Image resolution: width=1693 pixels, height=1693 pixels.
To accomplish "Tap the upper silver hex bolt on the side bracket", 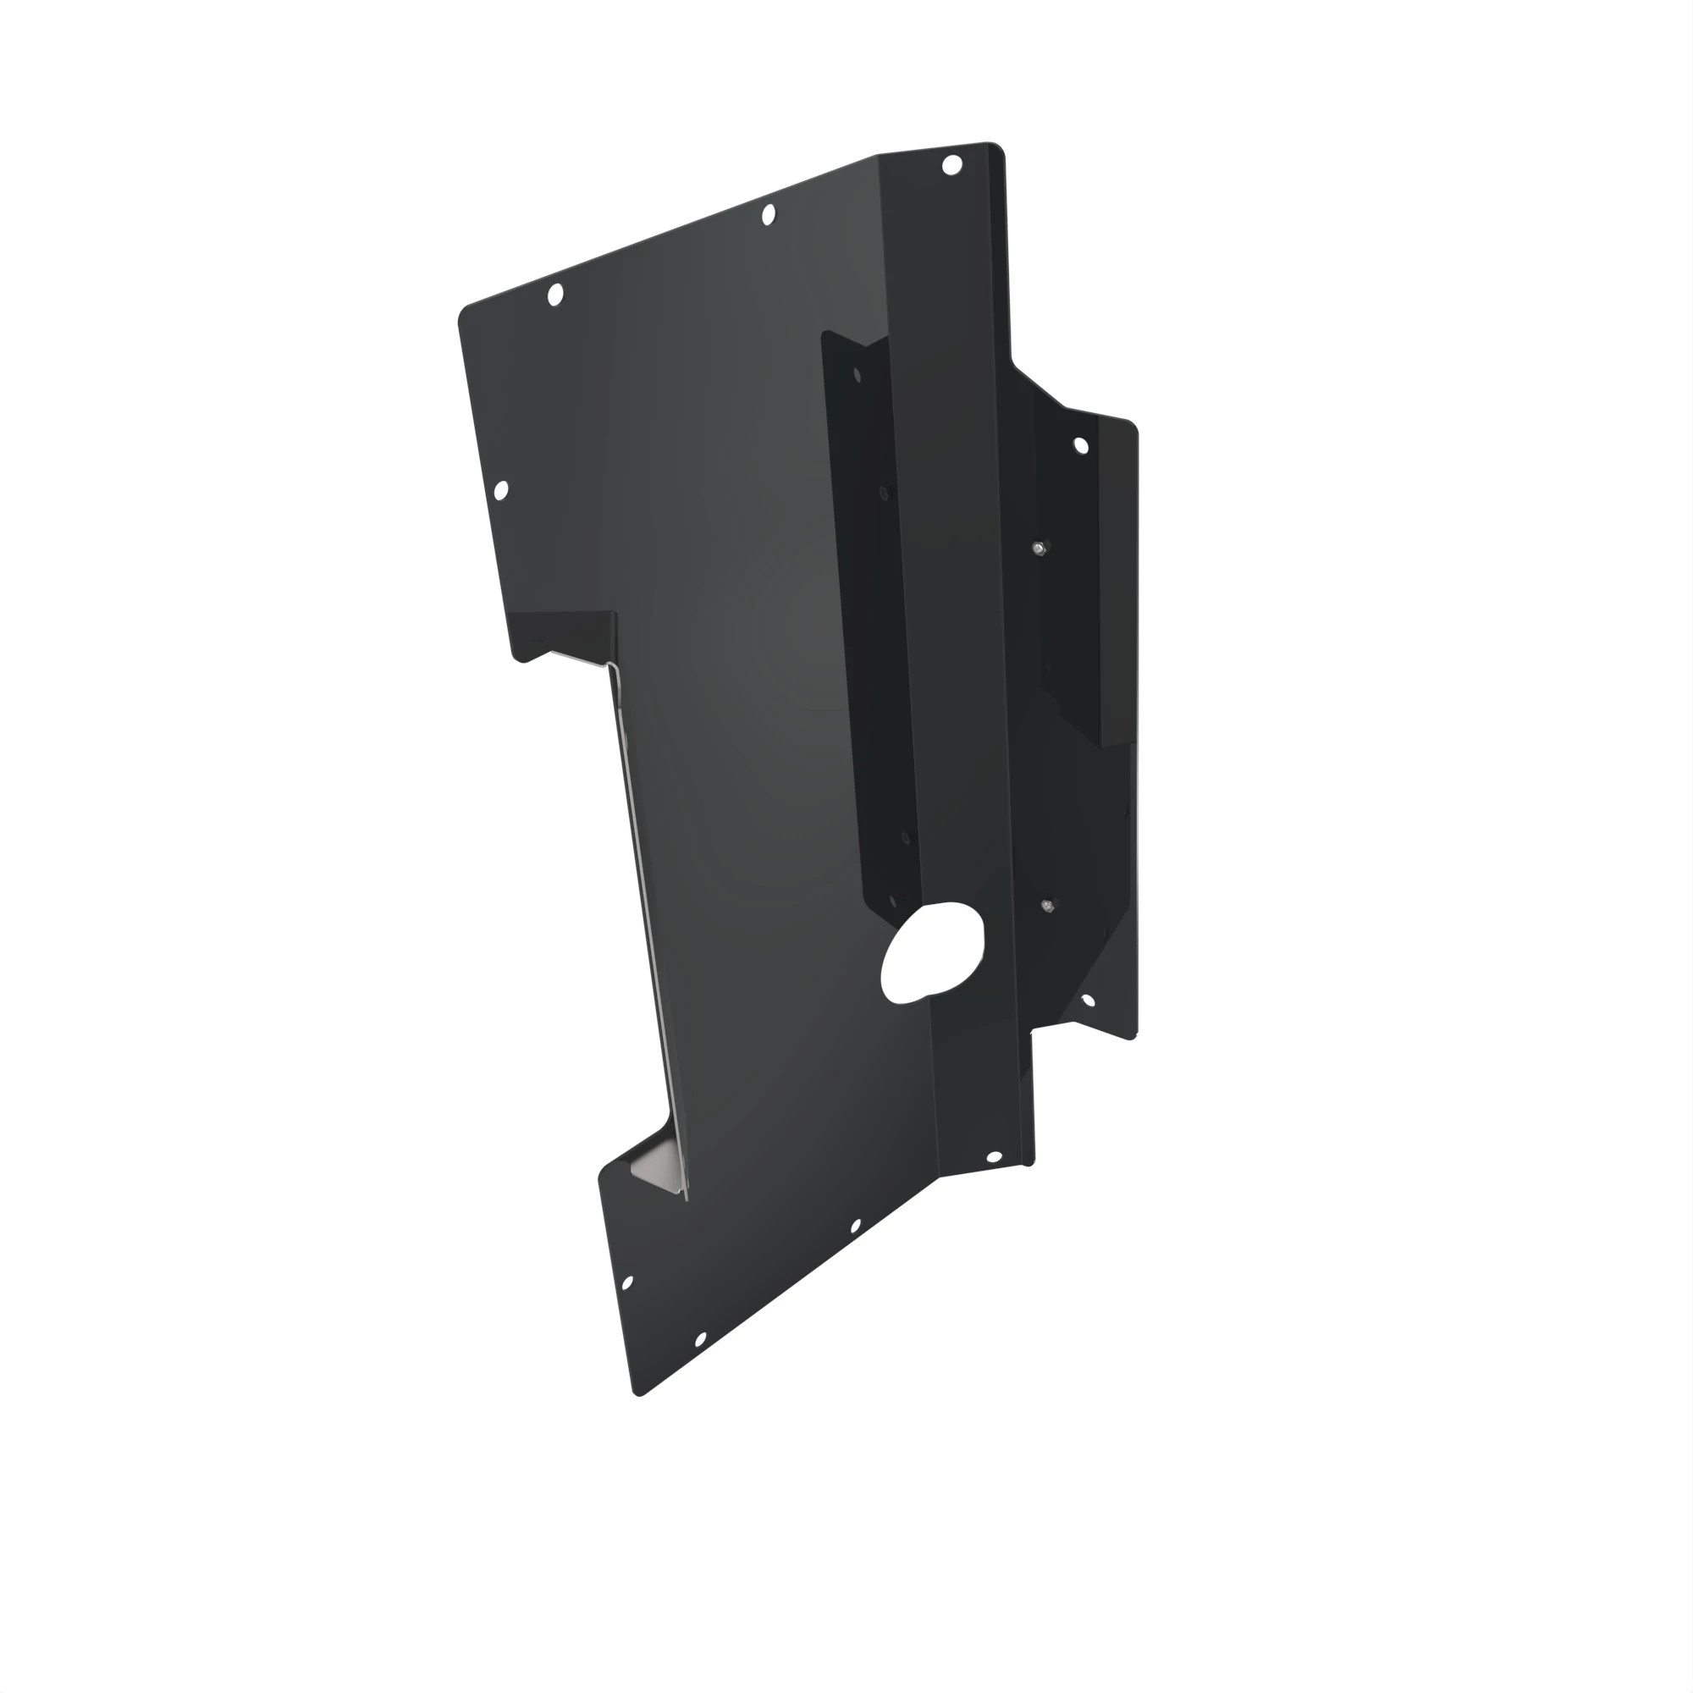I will [x=1039, y=549].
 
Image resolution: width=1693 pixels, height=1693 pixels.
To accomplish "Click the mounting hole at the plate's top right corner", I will [x=951, y=165].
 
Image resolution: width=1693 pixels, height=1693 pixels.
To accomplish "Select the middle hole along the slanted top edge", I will [x=769, y=214].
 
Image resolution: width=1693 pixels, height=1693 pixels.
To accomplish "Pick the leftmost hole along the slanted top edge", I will [x=554, y=295].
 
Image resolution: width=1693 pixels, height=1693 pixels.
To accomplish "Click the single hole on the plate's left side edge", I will [x=501, y=491].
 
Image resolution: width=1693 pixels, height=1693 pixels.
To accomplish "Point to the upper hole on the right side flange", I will [x=1080, y=446].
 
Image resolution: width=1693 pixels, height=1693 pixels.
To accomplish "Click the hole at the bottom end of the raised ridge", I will [x=994, y=1157].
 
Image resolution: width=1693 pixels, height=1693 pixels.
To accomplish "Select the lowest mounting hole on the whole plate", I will [x=700, y=1340].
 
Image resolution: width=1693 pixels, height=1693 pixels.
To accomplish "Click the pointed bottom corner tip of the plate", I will [x=640, y=1393].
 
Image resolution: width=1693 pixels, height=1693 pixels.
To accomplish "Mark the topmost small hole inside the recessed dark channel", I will [x=857, y=376].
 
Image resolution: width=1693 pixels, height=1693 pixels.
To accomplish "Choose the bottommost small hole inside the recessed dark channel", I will [x=893, y=900].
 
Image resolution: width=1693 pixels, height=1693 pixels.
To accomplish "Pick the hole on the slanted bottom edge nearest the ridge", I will [x=855, y=1226].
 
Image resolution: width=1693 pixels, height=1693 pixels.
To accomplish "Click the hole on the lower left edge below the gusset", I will [x=627, y=1283].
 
